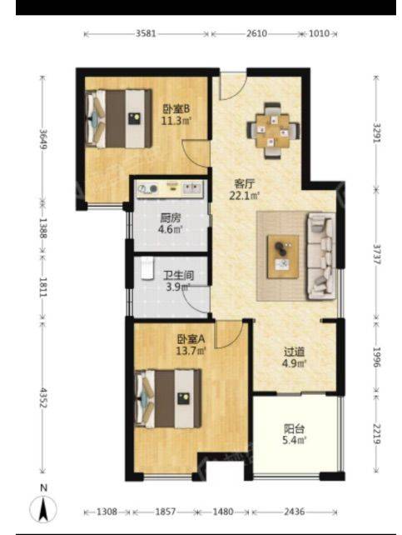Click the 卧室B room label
pos(176,109)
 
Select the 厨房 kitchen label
pos(171,217)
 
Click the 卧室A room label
pos(191,339)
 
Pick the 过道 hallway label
pos(294,352)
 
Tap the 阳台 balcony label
pos(294,429)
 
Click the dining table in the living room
pos(274,131)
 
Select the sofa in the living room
pos(321,256)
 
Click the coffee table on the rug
pos(283,257)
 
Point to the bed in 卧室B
pos(118,118)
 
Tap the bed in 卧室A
pos(168,398)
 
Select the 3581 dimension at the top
pos(146,33)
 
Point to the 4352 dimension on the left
pos(43,397)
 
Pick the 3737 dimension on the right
pos(376,254)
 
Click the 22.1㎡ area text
pos(244,196)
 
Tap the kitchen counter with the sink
pos(171,188)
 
